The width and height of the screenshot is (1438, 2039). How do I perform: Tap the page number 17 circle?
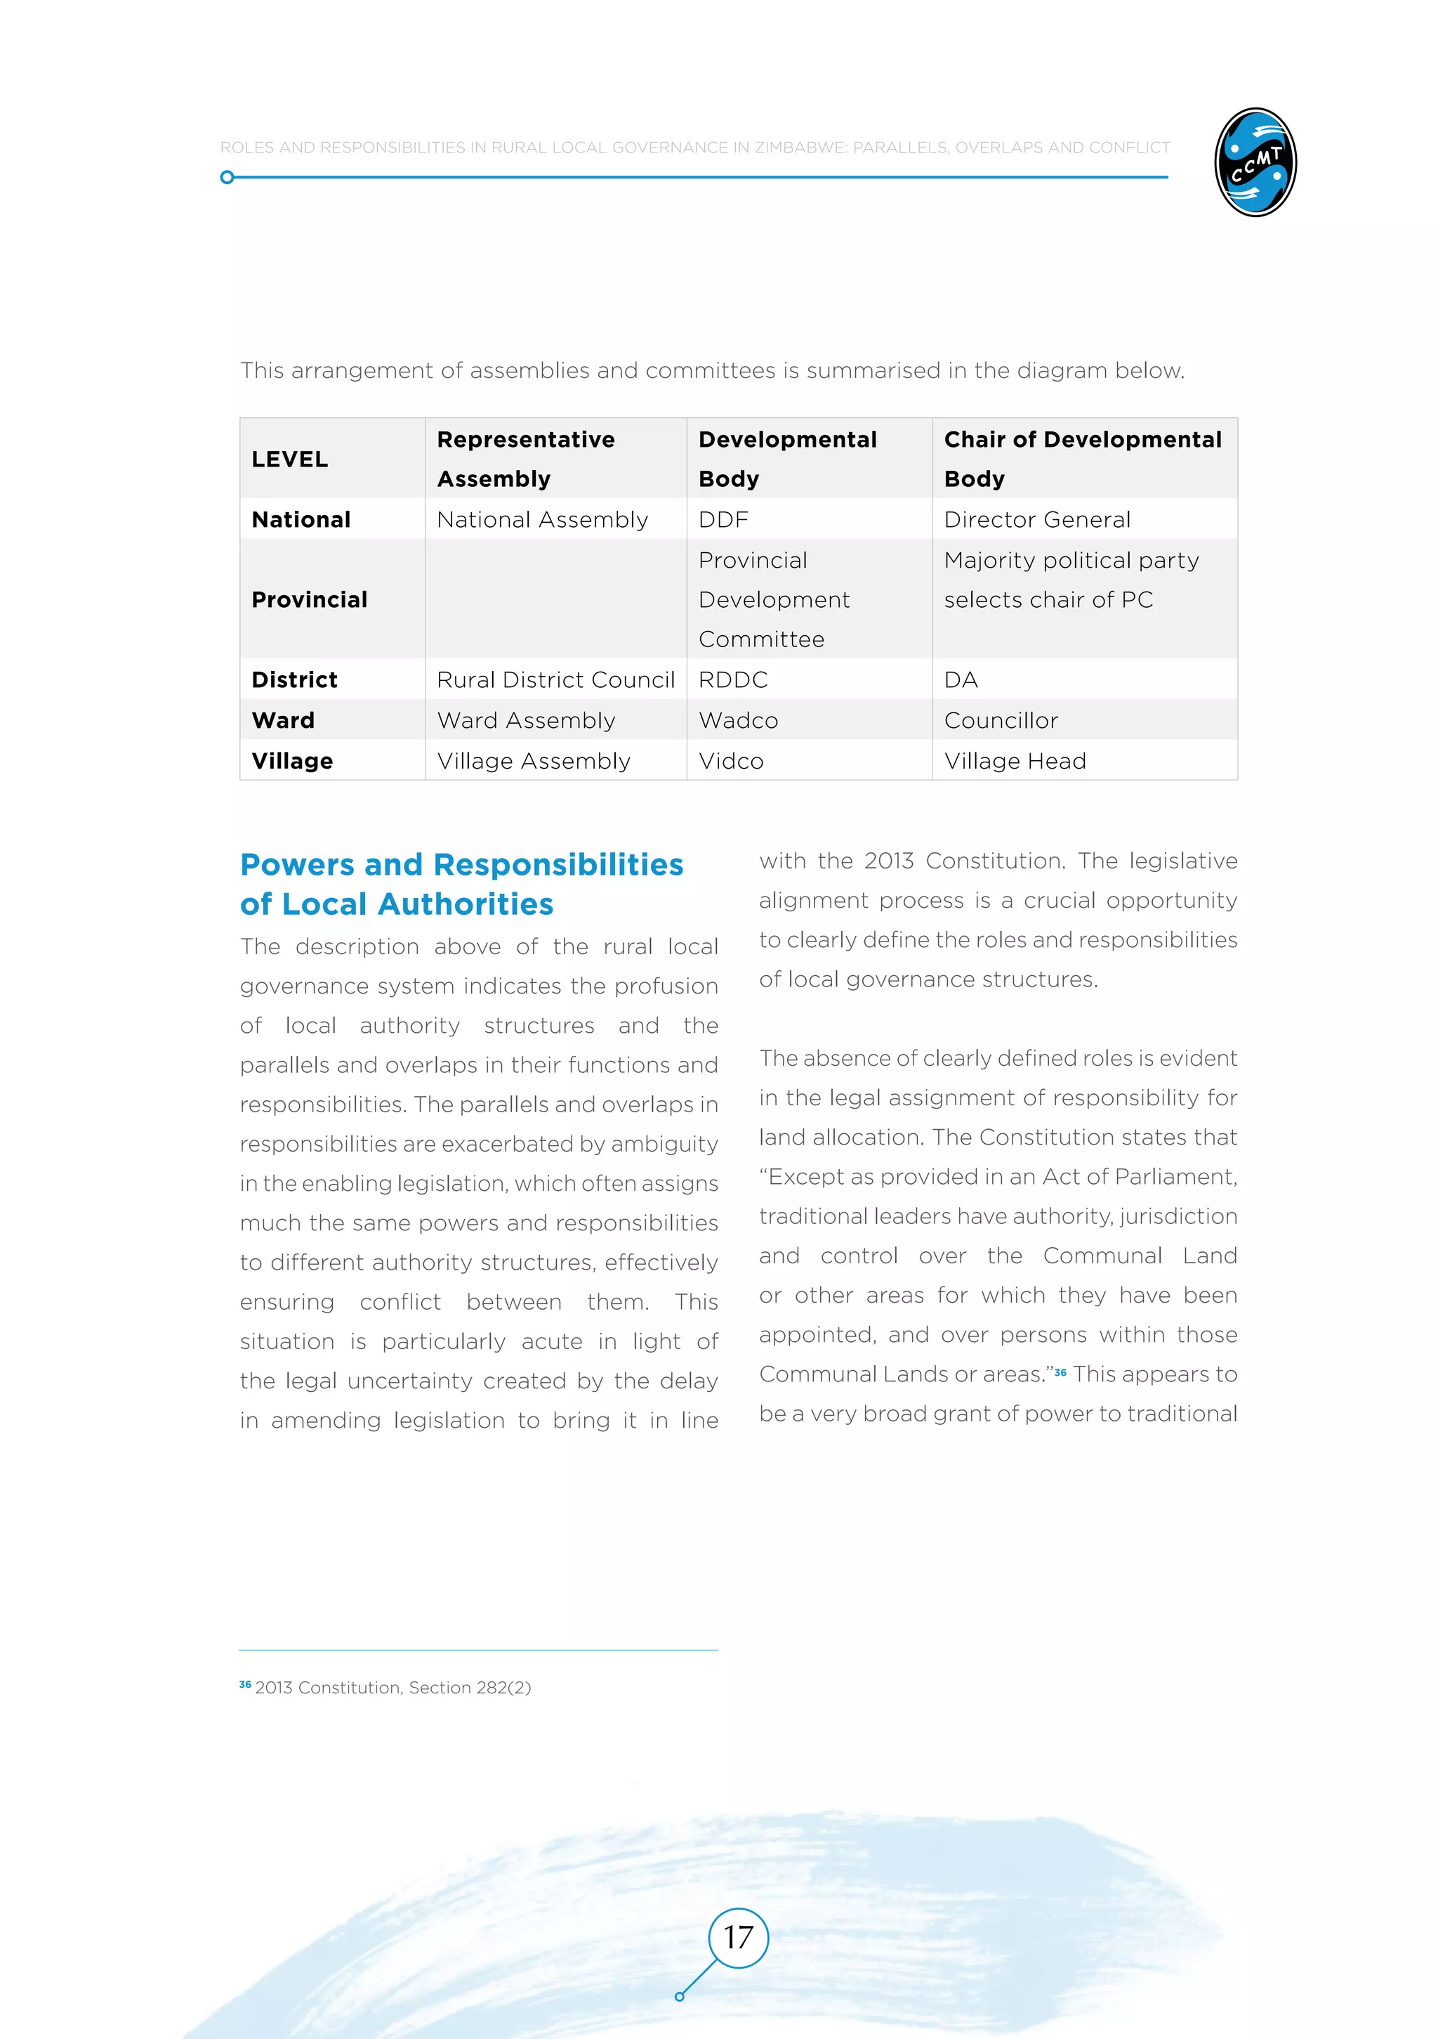click(738, 1937)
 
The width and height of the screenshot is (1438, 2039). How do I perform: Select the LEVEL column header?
click(290, 459)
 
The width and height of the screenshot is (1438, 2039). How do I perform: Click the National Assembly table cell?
click(542, 519)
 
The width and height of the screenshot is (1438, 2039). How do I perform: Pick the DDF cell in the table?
click(723, 519)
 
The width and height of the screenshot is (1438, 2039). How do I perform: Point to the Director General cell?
click(1037, 519)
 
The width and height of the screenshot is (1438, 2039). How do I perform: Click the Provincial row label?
click(309, 599)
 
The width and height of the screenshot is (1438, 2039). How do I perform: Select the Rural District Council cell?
click(555, 679)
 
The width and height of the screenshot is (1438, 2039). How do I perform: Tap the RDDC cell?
click(733, 679)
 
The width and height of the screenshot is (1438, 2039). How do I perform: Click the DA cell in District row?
click(961, 679)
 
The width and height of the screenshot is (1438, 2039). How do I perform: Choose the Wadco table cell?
click(739, 720)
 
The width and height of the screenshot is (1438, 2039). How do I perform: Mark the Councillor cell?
click(1001, 720)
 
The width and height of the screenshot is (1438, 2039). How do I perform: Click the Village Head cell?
click(1015, 761)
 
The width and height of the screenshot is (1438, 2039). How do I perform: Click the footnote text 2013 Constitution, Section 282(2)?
click(393, 1687)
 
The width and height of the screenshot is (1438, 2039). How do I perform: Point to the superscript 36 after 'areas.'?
click(1060, 1372)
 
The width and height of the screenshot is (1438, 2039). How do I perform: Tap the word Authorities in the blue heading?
click(465, 904)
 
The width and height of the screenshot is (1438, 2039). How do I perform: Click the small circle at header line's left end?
click(227, 178)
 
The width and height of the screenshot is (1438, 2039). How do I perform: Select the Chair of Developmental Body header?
click(1082, 458)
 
